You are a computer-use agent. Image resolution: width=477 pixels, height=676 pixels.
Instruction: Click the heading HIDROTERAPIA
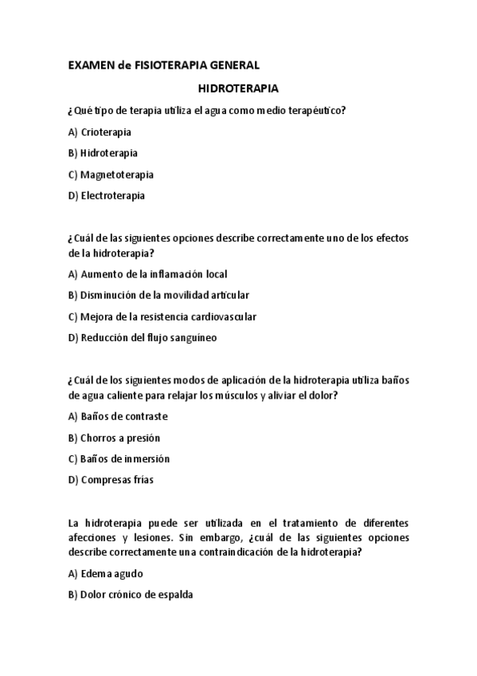pyautogui.click(x=238, y=90)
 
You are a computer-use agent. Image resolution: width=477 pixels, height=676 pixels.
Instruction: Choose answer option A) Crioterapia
pyautogui.click(x=100, y=132)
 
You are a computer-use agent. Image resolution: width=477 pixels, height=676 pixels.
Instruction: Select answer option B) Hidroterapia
pyautogui.click(x=103, y=153)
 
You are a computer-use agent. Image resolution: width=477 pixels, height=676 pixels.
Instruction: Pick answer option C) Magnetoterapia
pyautogui.click(x=111, y=174)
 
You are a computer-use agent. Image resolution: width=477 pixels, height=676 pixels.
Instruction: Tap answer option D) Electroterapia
pyautogui.click(x=107, y=195)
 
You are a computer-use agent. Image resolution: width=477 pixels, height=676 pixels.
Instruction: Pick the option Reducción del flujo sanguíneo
pyautogui.click(x=143, y=337)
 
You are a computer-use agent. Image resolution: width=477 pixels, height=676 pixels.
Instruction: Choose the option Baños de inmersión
pyautogui.click(x=119, y=458)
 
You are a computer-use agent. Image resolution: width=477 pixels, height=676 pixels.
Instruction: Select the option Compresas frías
pyautogui.click(x=111, y=480)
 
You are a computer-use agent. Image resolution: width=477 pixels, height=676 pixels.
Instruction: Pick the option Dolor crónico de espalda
pyautogui.click(x=131, y=594)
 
